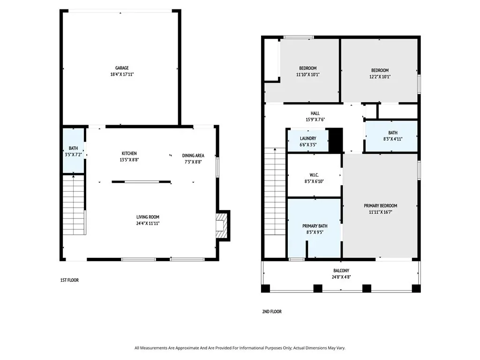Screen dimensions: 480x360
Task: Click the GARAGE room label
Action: coord(122,68)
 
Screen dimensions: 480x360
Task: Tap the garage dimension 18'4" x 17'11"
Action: coord(122,75)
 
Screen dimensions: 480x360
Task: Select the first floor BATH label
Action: coord(73,148)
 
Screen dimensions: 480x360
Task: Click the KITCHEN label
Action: coord(129,153)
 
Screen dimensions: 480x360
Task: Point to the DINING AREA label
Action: coord(193,156)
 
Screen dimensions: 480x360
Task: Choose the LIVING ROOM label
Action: coord(148,217)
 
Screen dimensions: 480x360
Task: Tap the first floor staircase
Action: coord(74,204)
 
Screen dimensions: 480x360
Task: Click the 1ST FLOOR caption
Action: coord(69,280)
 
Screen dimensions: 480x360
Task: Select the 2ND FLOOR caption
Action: coord(272,312)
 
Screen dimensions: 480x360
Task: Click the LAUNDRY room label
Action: coord(308,139)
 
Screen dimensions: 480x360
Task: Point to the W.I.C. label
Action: coord(314,175)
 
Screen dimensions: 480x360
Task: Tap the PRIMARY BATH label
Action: coord(315,226)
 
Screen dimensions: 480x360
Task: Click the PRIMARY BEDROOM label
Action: coord(381,206)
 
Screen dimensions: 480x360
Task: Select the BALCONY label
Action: coord(341,270)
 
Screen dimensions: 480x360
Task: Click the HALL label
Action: coord(315,113)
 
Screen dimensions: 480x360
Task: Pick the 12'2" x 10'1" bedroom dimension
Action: coord(380,77)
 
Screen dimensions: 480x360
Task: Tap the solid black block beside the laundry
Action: coord(336,140)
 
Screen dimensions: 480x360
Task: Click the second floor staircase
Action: coord(276,191)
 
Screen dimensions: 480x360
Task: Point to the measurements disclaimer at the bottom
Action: coord(240,348)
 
